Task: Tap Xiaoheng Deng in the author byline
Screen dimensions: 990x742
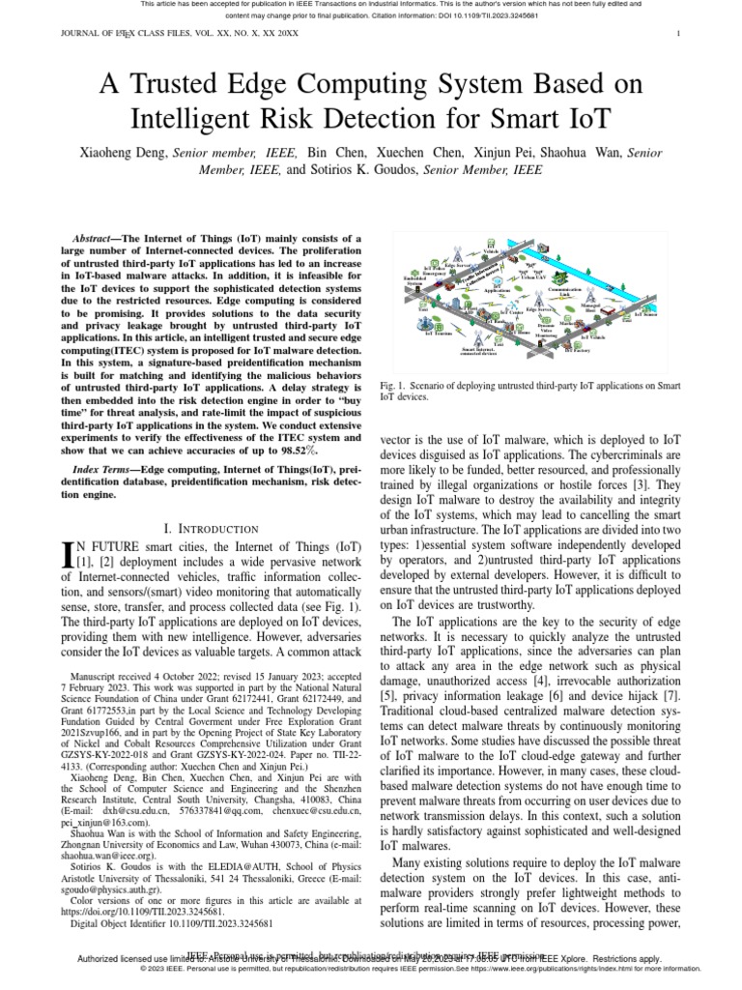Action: pos(123,153)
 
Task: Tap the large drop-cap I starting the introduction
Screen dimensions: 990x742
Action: pos(67,555)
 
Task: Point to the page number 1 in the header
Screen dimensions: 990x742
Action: pos(680,35)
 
